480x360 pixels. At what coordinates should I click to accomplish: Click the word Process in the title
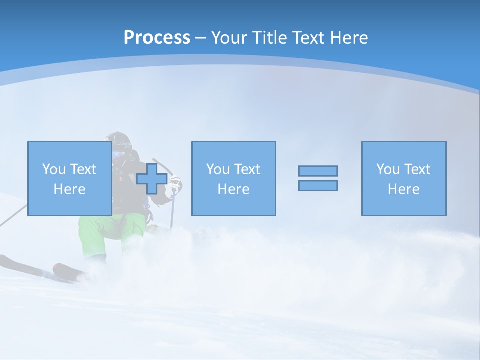point(157,37)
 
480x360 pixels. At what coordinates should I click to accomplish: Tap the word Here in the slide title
point(348,37)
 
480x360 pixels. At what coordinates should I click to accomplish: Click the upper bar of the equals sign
point(318,171)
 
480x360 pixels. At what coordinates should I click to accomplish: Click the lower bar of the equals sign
point(318,185)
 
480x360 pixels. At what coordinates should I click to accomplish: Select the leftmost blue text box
point(69,178)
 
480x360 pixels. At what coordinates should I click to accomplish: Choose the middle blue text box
point(233,178)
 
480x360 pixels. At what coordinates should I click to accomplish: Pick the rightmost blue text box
point(403,178)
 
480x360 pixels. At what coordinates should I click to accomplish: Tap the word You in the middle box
point(218,169)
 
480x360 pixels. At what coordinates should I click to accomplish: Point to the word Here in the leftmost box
point(69,189)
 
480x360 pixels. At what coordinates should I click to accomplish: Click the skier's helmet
point(119,139)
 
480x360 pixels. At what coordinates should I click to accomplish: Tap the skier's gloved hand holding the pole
point(175,185)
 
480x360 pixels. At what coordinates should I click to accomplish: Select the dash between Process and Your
point(201,37)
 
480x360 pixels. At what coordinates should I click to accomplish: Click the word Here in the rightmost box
point(403,189)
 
